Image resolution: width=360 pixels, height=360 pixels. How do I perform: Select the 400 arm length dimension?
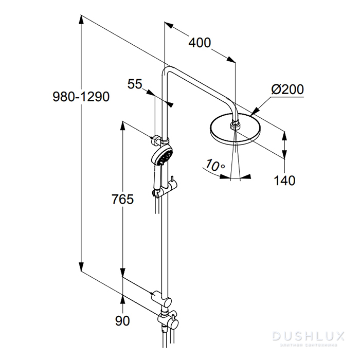click(199, 43)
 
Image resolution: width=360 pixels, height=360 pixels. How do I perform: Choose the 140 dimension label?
click(284, 181)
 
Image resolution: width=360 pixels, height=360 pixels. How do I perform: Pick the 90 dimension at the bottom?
click(122, 321)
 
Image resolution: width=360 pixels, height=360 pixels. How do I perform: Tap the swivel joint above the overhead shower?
click(235, 122)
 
